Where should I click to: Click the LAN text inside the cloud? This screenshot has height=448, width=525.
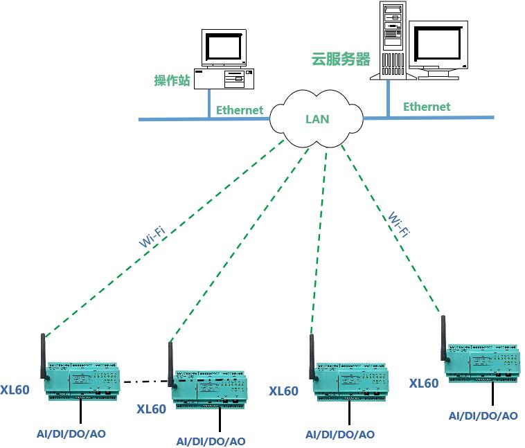point(317,119)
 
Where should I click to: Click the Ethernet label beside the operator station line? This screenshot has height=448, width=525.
point(240,110)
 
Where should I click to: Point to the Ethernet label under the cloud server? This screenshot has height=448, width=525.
point(427,107)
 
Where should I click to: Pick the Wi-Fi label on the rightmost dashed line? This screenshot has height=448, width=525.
point(398,224)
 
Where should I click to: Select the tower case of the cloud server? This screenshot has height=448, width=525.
point(393,38)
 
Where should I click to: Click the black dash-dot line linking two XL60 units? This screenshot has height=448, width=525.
point(145,381)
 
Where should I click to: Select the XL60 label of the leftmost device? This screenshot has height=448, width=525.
point(15,390)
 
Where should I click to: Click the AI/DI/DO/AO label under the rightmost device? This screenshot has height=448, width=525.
point(483,416)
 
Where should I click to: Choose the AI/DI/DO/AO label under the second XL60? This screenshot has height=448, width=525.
point(211,441)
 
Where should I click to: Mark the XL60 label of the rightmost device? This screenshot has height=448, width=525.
point(424,384)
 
